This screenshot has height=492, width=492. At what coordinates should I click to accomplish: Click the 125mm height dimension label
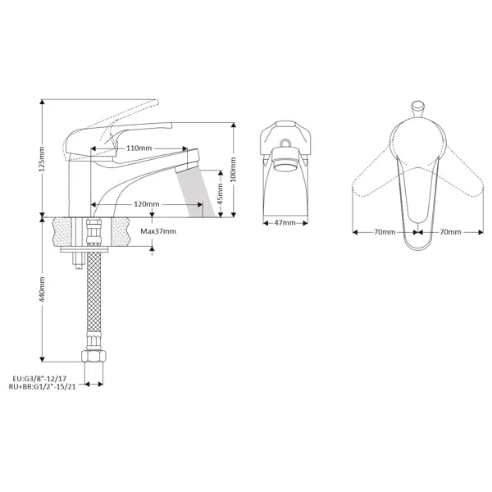point(43,158)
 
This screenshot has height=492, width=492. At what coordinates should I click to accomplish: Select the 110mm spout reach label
point(139,148)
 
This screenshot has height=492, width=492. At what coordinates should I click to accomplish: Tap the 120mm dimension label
point(147,204)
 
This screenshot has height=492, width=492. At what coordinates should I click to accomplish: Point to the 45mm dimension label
point(221,194)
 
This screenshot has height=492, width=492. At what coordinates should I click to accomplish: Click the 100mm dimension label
point(233,170)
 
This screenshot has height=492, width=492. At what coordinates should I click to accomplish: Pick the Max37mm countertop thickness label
point(158,231)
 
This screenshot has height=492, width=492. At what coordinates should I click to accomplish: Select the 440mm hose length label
point(43,289)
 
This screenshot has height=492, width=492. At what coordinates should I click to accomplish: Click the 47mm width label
point(285,223)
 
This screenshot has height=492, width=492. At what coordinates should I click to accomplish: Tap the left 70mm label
point(385,232)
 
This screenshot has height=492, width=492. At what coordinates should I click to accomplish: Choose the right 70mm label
point(450,232)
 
